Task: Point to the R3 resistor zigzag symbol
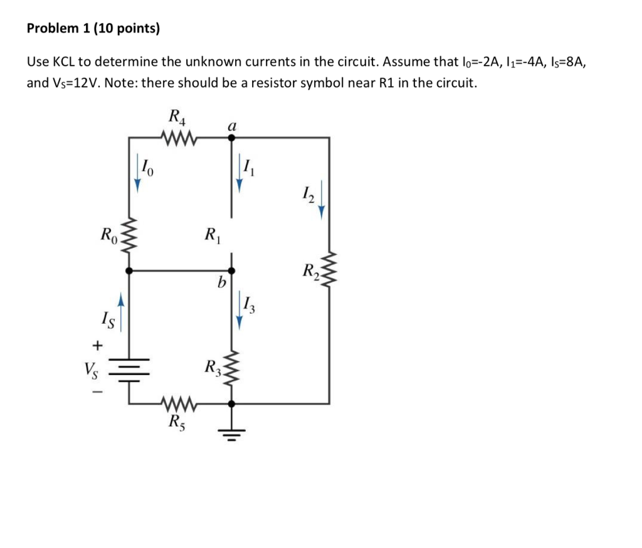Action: [231, 370]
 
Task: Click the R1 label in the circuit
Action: [211, 236]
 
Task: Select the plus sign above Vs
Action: [97, 344]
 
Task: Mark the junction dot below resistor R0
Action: [129, 271]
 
